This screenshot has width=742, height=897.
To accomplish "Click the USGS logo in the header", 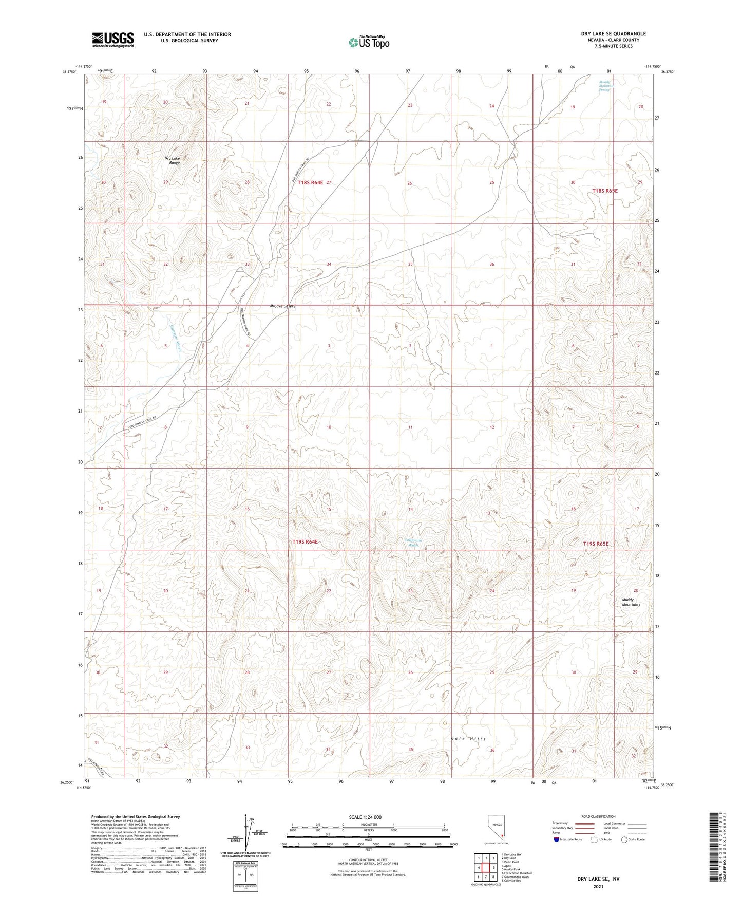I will click(112, 39).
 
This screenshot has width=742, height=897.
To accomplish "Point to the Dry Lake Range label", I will click(174, 160).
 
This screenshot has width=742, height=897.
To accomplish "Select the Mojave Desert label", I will click(283, 306).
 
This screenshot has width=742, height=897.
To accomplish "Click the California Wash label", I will click(412, 542).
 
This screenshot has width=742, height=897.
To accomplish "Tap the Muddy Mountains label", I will click(631, 602).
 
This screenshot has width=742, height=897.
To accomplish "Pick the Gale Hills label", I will click(468, 739).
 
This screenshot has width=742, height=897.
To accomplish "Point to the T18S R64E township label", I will click(310, 182).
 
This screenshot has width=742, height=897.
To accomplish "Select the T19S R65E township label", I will click(596, 544).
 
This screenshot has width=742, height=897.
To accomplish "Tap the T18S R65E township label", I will click(605, 191).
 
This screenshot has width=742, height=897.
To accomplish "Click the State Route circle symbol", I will click(624, 839).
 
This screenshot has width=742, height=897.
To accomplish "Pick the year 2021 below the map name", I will click(598, 887).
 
